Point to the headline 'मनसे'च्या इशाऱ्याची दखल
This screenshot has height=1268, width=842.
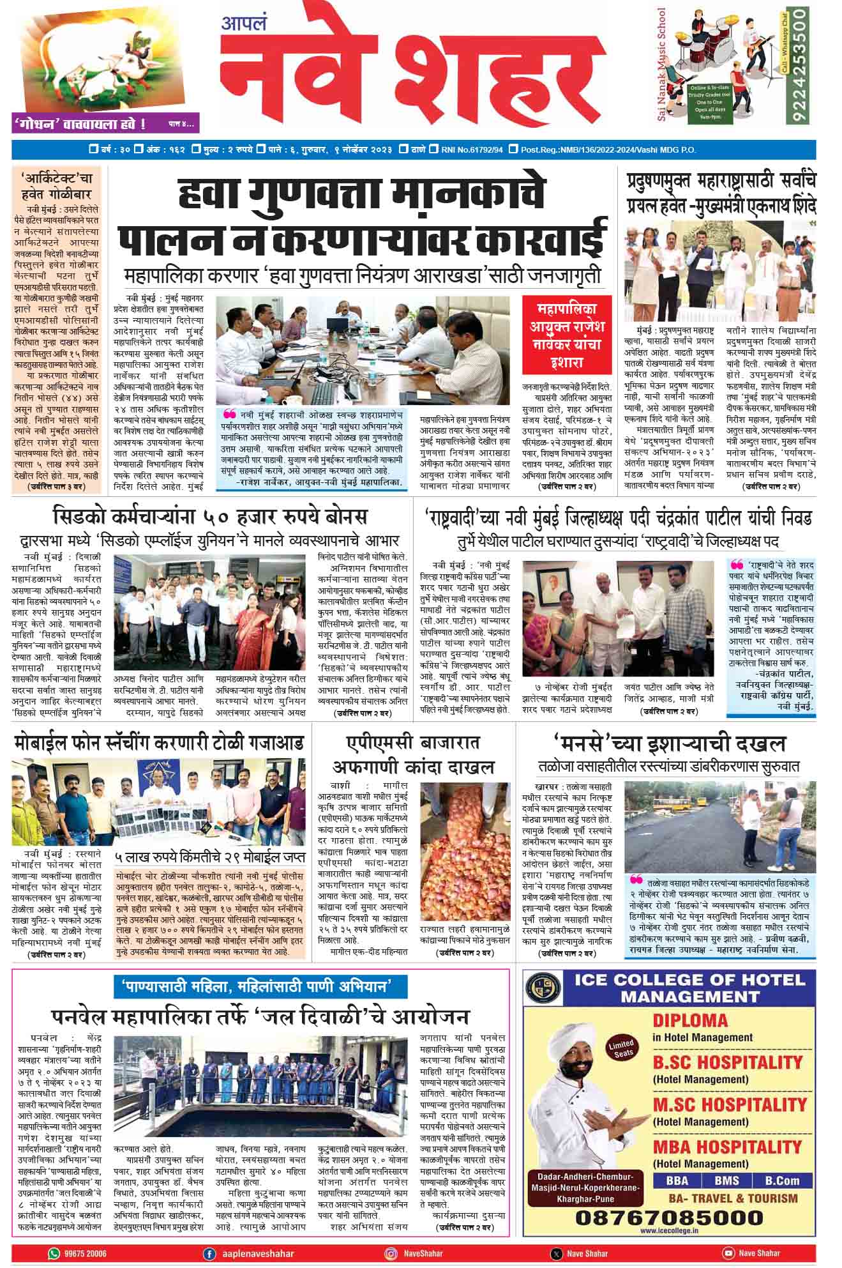pos(670,744)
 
